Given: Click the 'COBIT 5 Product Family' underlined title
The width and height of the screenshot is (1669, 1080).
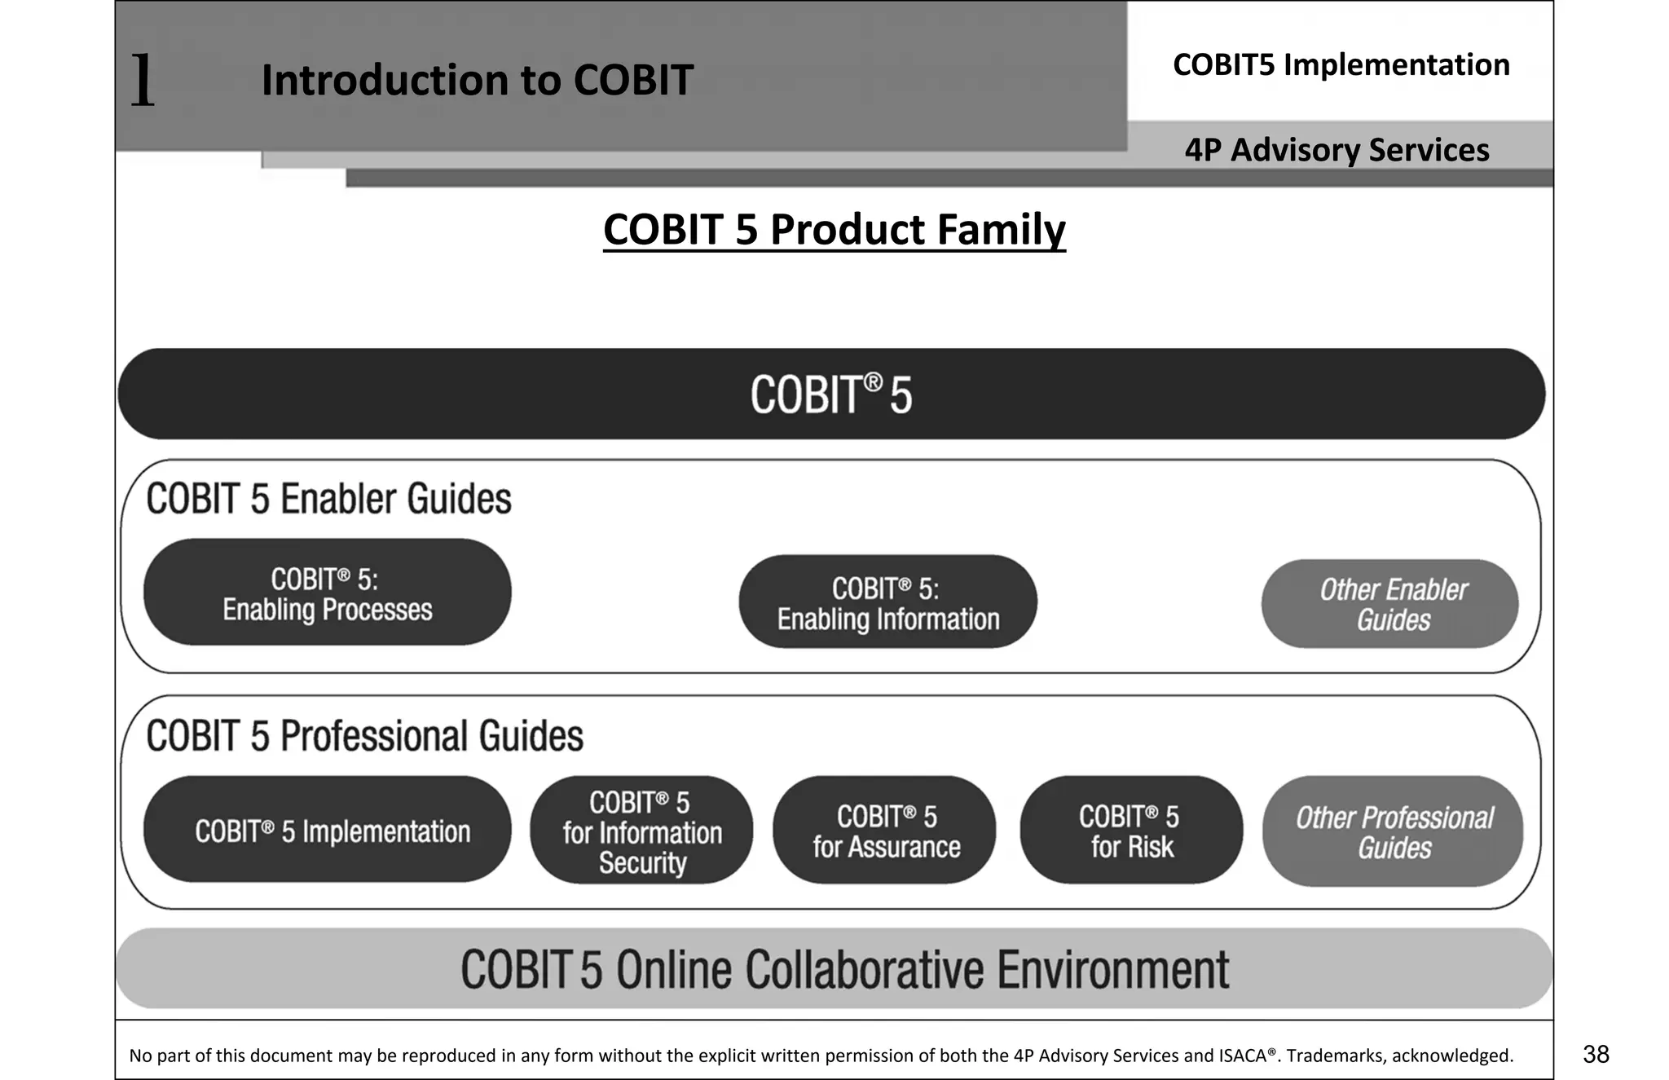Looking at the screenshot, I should (x=834, y=230).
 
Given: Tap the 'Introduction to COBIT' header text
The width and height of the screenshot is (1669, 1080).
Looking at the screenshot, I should (x=477, y=80).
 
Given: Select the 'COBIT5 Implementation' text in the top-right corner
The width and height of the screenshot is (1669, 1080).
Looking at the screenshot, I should (x=1341, y=64).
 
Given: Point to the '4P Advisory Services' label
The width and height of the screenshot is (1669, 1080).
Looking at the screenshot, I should (x=1337, y=150).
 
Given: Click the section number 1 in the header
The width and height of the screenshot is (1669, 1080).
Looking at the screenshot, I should (x=143, y=80).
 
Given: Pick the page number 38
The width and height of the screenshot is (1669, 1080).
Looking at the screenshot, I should (x=1596, y=1054).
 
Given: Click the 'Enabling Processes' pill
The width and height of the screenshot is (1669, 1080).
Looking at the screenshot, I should (x=328, y=593).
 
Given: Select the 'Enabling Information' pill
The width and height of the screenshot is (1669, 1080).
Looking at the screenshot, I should (x=887, y=602).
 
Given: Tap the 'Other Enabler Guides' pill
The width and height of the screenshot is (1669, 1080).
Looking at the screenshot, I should (x=1391, y=604).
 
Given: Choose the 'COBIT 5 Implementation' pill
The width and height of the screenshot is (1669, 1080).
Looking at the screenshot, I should (x=328, y=830).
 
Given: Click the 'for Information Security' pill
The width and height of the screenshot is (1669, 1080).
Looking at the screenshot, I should (x=641, y=831).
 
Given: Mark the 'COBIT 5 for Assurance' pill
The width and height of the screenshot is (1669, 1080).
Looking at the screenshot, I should (x=885, y=831).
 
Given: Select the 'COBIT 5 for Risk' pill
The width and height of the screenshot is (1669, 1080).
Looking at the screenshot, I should (x=1131, y=831).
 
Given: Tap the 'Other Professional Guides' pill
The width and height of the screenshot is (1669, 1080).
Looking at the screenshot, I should (x=1393, y=831).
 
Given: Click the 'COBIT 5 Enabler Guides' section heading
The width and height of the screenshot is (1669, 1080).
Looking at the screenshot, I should (x=328, y=498).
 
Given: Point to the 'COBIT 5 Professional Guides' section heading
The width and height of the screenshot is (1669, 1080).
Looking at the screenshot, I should (x=364, y=735).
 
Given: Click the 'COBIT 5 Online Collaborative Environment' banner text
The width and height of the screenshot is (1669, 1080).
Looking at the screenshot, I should (x=844, y=969).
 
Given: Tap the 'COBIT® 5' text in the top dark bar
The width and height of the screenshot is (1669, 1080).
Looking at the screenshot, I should (x=831, y=395).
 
